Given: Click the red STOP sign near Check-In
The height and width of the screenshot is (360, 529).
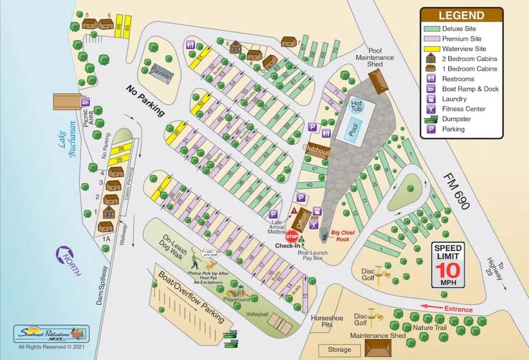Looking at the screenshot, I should pyautogui.click(x=292, y=237).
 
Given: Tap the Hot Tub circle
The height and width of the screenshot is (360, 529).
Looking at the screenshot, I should pyautogui.click(x=356, y=105).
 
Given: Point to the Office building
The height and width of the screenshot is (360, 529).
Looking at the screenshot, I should pyautogui.click(x=303, y=220).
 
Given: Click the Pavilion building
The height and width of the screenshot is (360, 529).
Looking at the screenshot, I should pyautogui.click(x=159, y=73).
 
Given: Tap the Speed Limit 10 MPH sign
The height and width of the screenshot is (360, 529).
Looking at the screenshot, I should pyautogui.click(x=447, y=264).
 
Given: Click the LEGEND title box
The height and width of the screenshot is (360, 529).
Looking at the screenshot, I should pyautogui.click(x=461, y=15).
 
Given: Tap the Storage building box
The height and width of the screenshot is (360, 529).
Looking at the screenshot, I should pyautogui.click(x=339, y=350).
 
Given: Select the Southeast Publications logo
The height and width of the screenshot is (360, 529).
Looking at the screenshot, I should pyautogui.click(x=52, y=334).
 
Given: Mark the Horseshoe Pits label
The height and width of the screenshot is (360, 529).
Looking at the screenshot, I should pyautogui.click(x=326, y=321).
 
